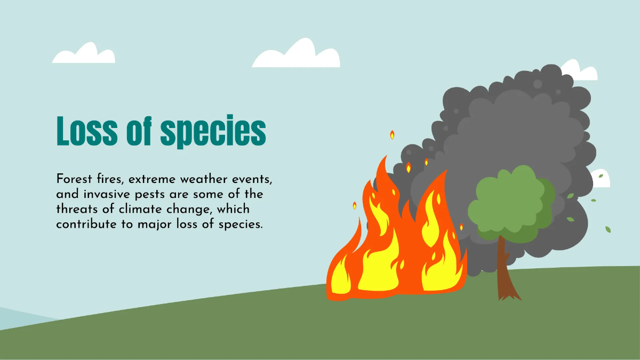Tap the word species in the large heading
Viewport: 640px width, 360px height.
(x=213, y=132)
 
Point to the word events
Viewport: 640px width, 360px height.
(x=253, y=179)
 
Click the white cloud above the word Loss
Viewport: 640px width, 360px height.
(x=84, y=55)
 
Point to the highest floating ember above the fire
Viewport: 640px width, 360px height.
(x=392, y=135)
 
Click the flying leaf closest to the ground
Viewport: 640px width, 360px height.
(x=607, y=229)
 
